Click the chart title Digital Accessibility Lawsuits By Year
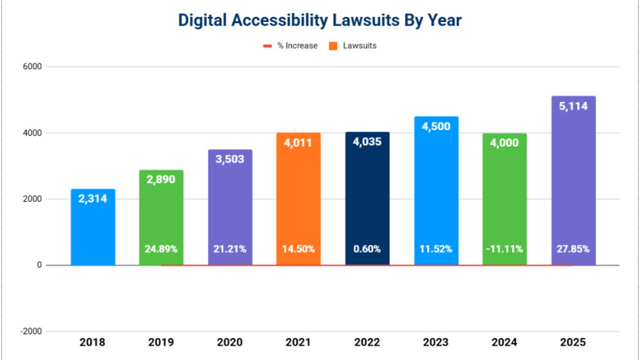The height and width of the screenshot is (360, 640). [x=319, y=20]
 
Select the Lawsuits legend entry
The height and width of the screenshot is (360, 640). [x=359, y=46]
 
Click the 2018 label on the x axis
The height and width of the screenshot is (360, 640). [x=92, y=342]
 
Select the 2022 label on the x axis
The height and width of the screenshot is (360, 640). [x=367, y=342]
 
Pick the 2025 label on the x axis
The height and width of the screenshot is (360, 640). [x=573, y=342]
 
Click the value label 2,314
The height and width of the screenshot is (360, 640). [x=92, y=199]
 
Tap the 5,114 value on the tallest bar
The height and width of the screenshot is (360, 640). [x=573, y=106]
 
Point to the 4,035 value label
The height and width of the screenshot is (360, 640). [x=367, y=142]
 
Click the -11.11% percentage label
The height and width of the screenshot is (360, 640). [x=504, y=249]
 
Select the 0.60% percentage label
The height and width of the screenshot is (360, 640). [x=367, y=249]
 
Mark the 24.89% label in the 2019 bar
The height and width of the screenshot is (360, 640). [x=161, y=249]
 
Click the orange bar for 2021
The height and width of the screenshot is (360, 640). [x=299, y=200]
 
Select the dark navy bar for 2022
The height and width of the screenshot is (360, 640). [x=367, y=200]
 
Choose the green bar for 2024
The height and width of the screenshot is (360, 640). [x=504, y=200]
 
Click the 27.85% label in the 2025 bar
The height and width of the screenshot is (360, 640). [x=573, y=249]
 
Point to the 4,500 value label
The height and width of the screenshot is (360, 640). [x=436, y=126]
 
